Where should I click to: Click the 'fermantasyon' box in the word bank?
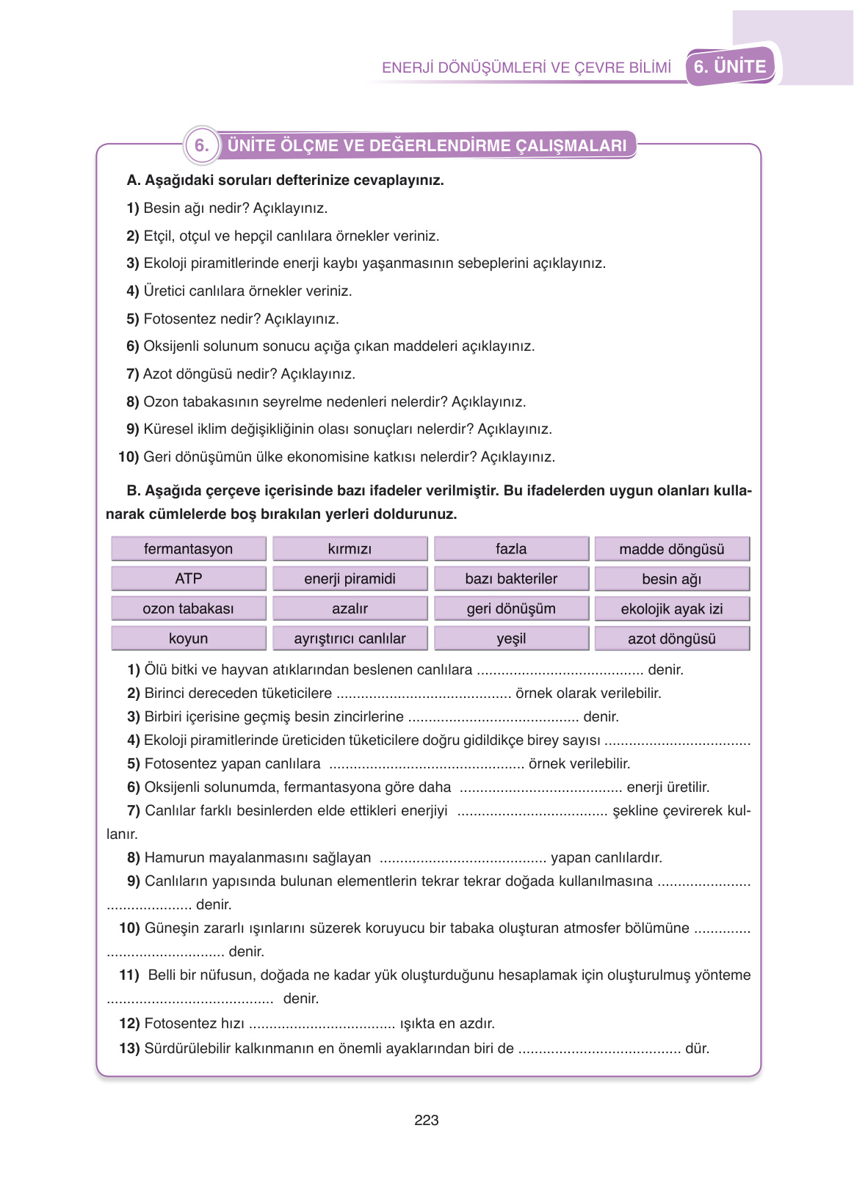point(188,549)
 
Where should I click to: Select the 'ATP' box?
point(188,578)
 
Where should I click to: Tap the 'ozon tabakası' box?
point(188,608)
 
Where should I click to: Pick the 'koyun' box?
point(188,639)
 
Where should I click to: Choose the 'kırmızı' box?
point(350,549)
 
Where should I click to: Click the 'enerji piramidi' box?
point(350,578)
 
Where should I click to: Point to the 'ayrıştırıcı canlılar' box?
point(350,639)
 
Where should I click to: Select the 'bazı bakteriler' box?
point(511,578)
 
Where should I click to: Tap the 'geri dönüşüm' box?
point(511,608)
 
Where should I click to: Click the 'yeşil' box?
point(511,639)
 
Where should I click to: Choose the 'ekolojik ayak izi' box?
point(672,608)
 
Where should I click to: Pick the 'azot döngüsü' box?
point(672,639)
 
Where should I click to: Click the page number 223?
point(426,1120)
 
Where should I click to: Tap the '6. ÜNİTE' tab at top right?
point(730,67)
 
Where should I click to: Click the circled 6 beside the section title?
point(201,145)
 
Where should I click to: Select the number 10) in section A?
point(129,457)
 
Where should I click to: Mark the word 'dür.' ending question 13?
point(698,1049)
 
